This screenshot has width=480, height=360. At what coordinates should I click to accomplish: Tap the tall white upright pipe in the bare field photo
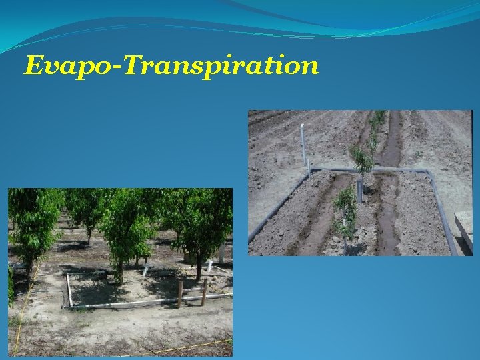(302, 143)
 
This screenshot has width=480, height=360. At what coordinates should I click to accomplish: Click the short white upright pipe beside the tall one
(309, 167)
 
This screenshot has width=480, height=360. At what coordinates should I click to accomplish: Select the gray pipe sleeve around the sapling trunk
(360, 189)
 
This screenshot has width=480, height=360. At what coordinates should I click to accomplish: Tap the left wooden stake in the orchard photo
(180, 294)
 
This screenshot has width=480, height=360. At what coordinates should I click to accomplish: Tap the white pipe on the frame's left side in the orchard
(68, 289)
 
